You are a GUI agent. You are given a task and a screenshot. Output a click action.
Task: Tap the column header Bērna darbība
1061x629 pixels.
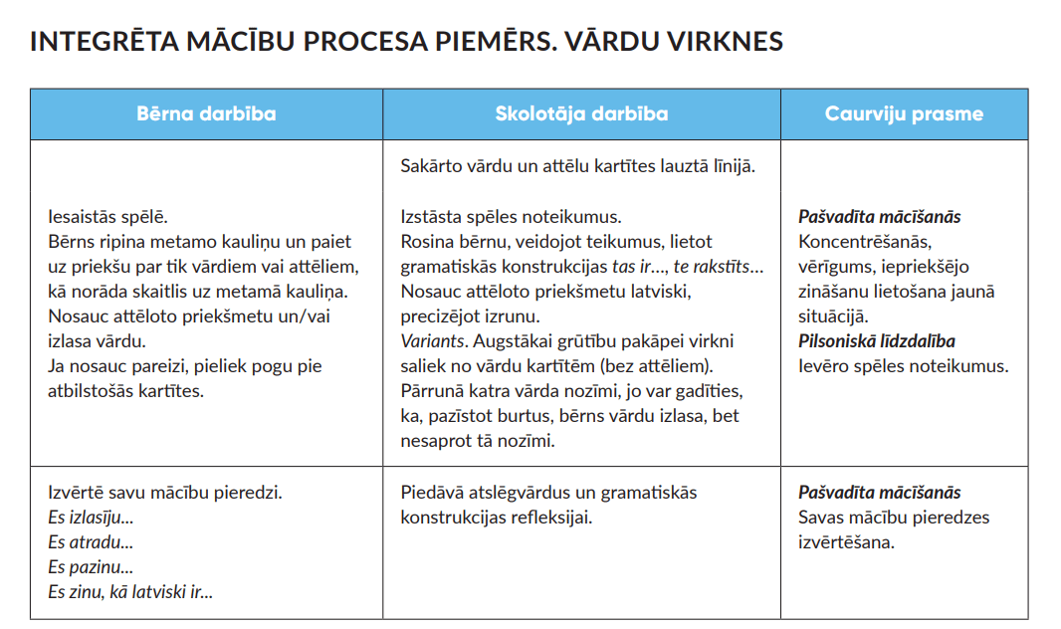tap(206, 113)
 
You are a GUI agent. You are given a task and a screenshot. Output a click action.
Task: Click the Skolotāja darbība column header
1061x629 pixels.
tap(581, 113)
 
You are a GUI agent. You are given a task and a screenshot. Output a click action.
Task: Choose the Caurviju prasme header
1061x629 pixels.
tap(904, 113)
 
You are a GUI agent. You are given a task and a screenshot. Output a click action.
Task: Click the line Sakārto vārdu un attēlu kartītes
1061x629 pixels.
tap(578, 166)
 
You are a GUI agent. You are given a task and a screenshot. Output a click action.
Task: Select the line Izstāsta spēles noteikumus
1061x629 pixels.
tap(511, 217)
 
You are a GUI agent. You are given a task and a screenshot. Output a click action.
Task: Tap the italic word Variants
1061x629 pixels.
tap(431, 341)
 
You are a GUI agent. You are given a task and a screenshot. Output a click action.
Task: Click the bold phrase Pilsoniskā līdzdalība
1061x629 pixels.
tap(877, 341)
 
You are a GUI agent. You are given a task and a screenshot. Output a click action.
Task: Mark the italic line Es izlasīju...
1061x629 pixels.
tap(91, 518)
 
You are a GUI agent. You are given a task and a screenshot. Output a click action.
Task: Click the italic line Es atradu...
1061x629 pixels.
tap(91, 542)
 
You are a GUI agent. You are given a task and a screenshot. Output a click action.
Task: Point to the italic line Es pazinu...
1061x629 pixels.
tap(91, 567)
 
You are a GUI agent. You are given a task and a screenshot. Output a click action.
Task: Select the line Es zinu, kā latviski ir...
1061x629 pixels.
tap(130, 592)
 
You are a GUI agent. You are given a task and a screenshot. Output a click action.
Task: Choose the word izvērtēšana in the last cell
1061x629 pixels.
tap(845, 542)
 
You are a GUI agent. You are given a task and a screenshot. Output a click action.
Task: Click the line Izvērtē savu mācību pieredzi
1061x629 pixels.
tap(165, 493)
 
